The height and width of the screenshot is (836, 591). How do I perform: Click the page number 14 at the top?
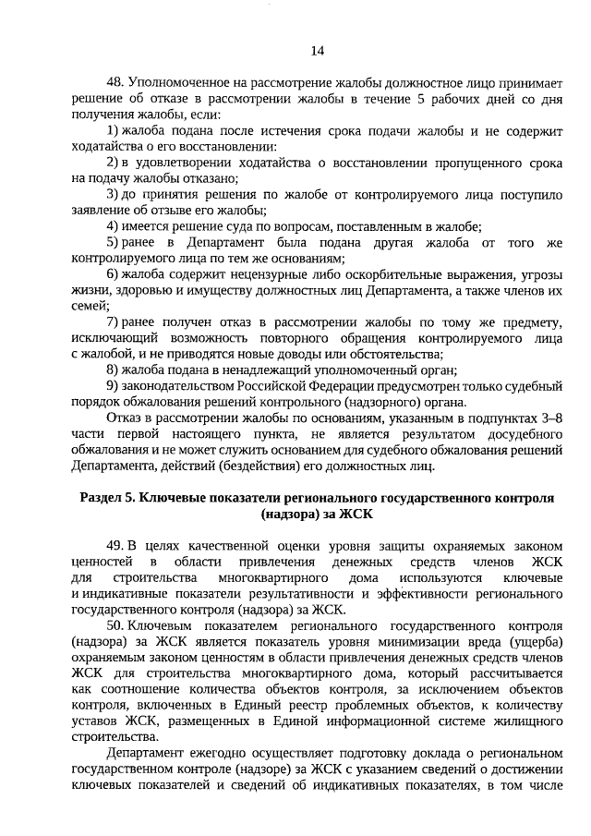click(317, 50)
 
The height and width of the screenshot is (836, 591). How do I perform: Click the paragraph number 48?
click(115, 82)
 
